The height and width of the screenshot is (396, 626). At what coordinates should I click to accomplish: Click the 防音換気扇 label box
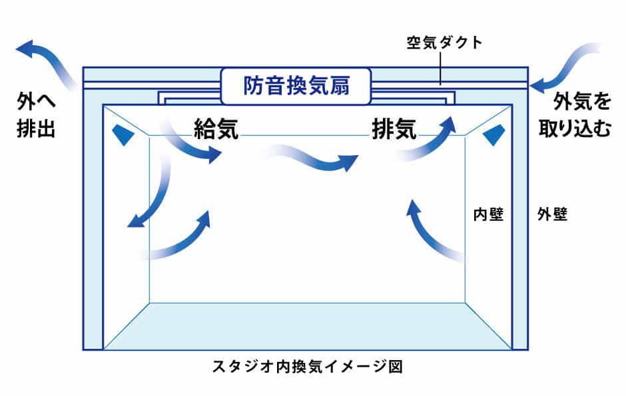click(296, 86)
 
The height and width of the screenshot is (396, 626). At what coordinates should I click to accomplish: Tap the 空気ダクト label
click(444, 43)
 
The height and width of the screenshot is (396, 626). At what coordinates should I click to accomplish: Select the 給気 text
click(216, 128)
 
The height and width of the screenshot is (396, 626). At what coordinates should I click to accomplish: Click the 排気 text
click(394, 128)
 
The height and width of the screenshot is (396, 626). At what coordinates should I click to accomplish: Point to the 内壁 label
click(488, 214)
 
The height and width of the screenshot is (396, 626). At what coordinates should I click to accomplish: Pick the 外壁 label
click(552, 214)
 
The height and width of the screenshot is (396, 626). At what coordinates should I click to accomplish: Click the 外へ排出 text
click(36, 114)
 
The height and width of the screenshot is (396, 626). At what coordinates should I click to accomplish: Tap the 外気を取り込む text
click(575, 114)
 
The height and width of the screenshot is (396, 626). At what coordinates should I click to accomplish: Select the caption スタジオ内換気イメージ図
click(307, 366)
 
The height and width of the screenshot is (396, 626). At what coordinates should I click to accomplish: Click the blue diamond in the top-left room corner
click(123, 134)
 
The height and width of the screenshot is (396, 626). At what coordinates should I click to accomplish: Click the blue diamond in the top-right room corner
click(494, 134)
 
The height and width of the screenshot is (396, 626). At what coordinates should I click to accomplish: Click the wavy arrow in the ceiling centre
click(313, 158)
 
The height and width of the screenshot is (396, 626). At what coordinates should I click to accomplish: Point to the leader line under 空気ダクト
click(440, 68)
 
